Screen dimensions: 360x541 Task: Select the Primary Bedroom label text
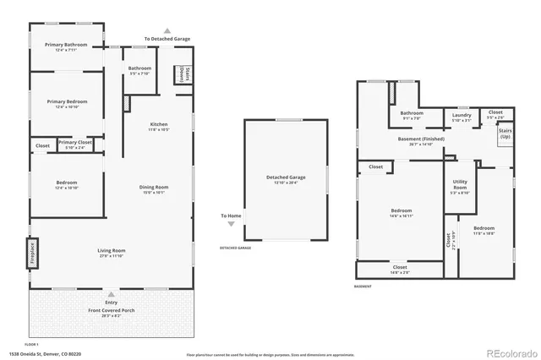pyautogui.click(x=67, y=101)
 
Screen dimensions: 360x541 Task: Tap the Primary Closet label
pyautogui.click(x=75, y=143)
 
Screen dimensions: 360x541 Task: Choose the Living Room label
pyautogui.click(x=112, y=250)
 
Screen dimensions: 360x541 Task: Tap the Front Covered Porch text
pyautogui.click(x=112, y=310)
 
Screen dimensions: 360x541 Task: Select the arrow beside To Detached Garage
pyautogui.click(x=167, y=30)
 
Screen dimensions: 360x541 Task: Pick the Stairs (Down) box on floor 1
pyautogui.click(x=182, y=74)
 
